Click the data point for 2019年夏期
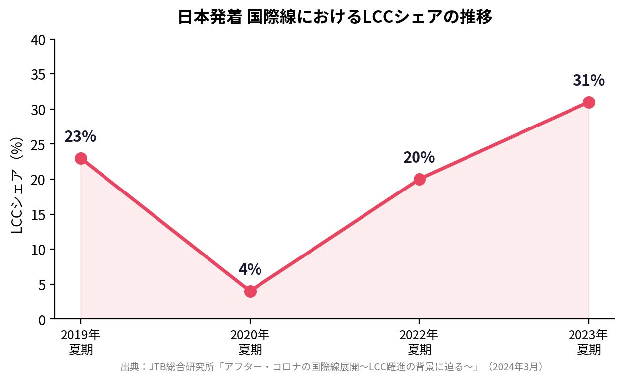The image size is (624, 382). pos(81,158)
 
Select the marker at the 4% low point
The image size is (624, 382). pos(250,291)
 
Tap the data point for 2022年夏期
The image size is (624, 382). pos(419,179)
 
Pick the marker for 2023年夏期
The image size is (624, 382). pos(589,102)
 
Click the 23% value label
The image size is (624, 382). pos(80,137)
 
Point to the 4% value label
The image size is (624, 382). pos(250,269)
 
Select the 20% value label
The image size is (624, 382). pos(419,158)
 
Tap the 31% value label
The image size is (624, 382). pos(589,80)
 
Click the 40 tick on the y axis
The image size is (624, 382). pos(40,40)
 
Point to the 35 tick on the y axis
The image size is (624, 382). pos(40,74)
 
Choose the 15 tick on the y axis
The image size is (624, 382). pos(40,214)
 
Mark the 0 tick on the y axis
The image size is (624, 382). pos(43,319)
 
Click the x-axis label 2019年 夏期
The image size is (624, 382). pos(81,342)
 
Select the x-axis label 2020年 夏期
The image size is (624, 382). pos(250,342)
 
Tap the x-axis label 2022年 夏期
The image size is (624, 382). pos(419,342)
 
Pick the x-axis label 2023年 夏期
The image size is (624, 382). pos(589,342)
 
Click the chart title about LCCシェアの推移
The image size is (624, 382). pos(335,18)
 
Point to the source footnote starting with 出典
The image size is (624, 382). pos(333,367)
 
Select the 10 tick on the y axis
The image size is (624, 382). pos(40,249)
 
